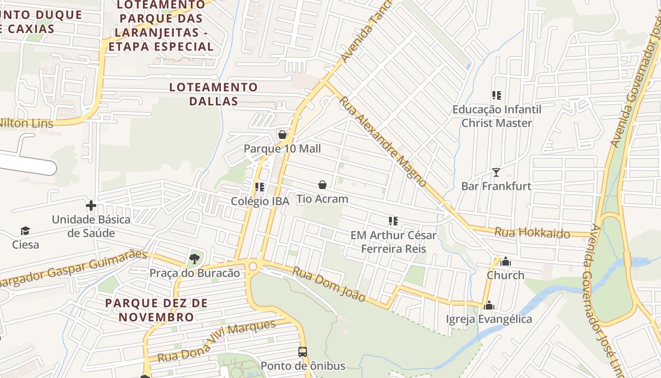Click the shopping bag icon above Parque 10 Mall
(282, 135)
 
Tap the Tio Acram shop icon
(322, 185)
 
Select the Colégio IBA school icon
(259, 187)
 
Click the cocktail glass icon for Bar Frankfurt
(496, 172)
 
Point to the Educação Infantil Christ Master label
(497, 116)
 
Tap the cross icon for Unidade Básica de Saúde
(91, 206)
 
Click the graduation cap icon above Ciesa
(25, 231)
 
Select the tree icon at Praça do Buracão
(194, 258)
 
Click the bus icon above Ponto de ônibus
(303, 352)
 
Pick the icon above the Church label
(506, 261)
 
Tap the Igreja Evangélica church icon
(489, 305)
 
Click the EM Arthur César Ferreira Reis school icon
(393, 221)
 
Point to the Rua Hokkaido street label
(532, 233)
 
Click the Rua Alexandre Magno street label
(383, 142)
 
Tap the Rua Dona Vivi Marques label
(216, 341)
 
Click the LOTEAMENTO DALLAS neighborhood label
(213, 94)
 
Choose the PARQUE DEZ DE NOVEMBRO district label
(156, 309)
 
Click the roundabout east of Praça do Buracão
(253, 266)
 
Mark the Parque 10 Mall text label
(282, 149)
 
